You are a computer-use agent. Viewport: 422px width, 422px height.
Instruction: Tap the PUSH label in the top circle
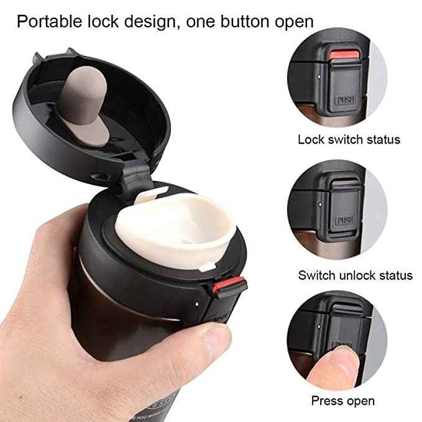[344, 99]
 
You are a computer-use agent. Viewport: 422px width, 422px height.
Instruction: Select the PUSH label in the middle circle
[344, 220]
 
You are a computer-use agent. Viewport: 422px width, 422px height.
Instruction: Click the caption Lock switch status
[349, 139]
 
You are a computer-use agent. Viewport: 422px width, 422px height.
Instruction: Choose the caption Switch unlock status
[355, 275]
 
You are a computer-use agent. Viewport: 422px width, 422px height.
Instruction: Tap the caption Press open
[342, 401]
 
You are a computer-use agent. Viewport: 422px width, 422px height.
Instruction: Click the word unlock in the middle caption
[357, 275]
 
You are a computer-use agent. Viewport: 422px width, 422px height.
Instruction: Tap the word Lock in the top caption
[311, 139]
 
